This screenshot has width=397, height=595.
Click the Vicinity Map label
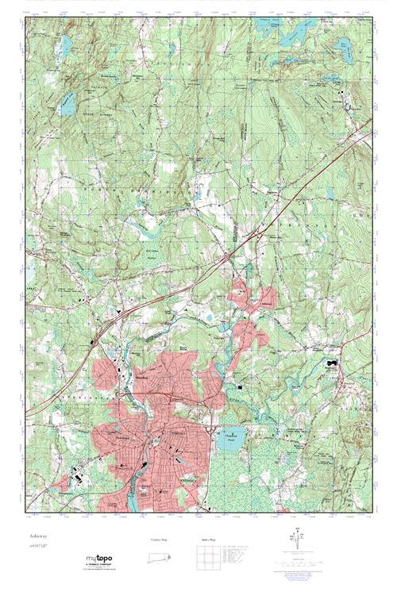(159, 539)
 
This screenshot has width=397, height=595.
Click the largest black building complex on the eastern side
(331, 364)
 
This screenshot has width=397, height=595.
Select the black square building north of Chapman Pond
(239, 386)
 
